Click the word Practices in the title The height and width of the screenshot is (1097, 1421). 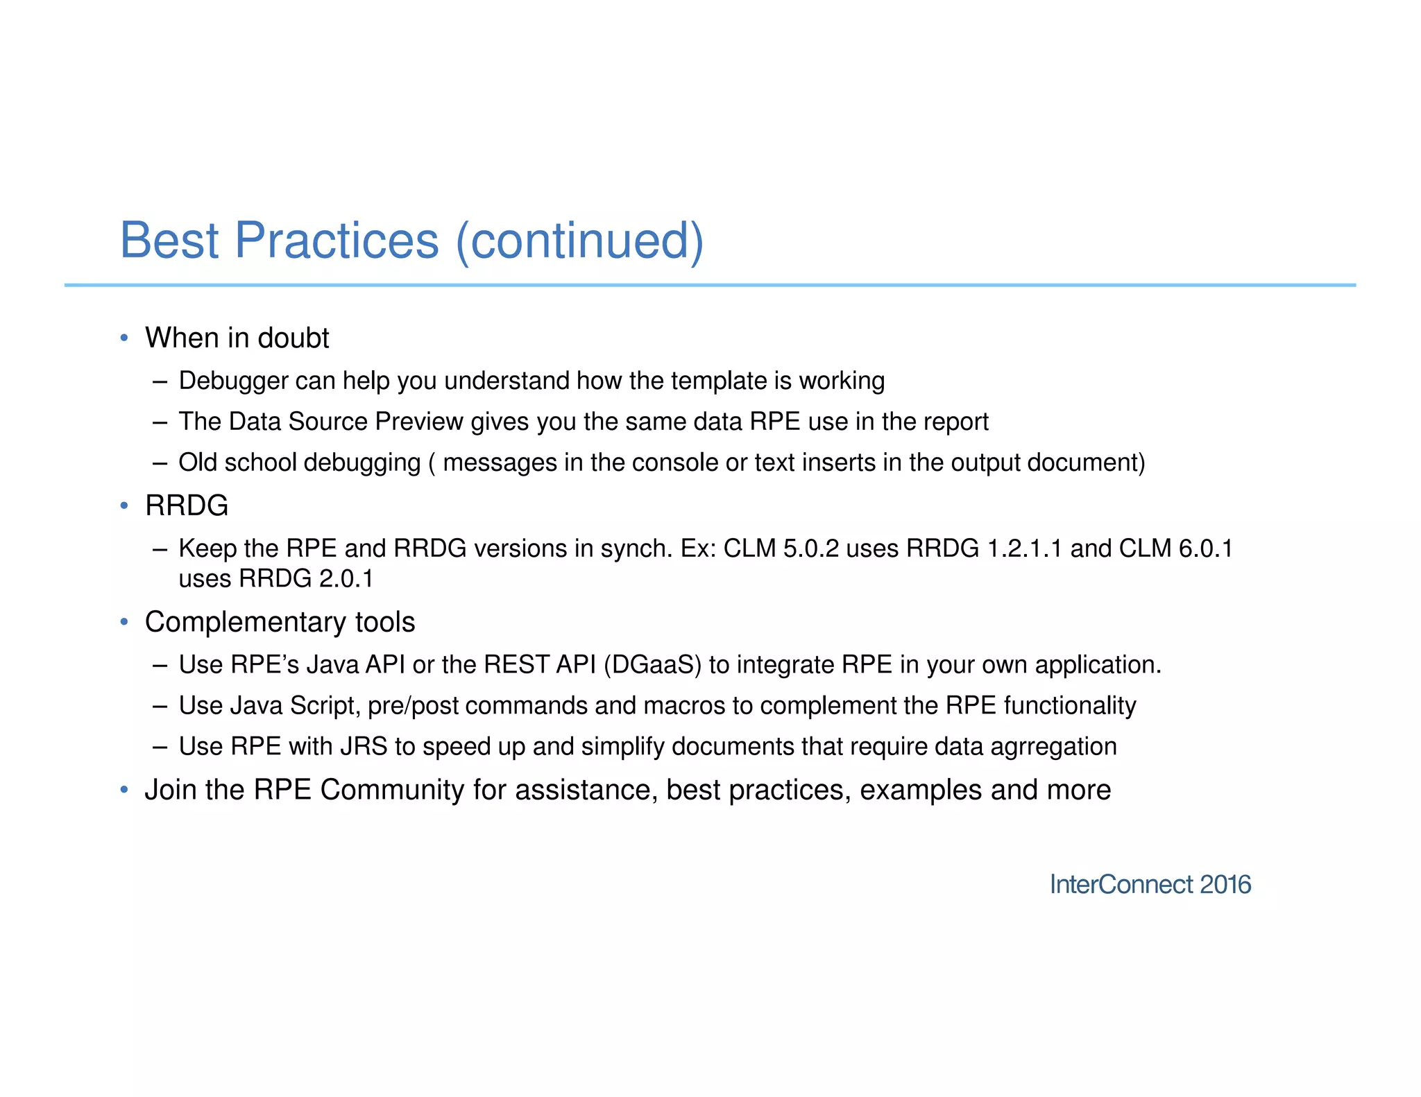click(x=337, y=240)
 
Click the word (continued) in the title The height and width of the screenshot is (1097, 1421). click(x=580, y=240)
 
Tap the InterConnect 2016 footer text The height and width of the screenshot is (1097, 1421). click(x=1150, y=885)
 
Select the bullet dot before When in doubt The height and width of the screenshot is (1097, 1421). click(x=124, y=338)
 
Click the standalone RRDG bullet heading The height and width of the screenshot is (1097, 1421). click(x=187, y=506)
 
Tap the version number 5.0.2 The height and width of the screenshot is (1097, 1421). click(x=810, y=548)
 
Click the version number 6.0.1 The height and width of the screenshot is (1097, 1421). click(x=1206, y=548)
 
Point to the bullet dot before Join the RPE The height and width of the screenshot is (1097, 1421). click(x=124, y=790)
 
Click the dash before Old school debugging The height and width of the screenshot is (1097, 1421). click(x=160, y=463)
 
